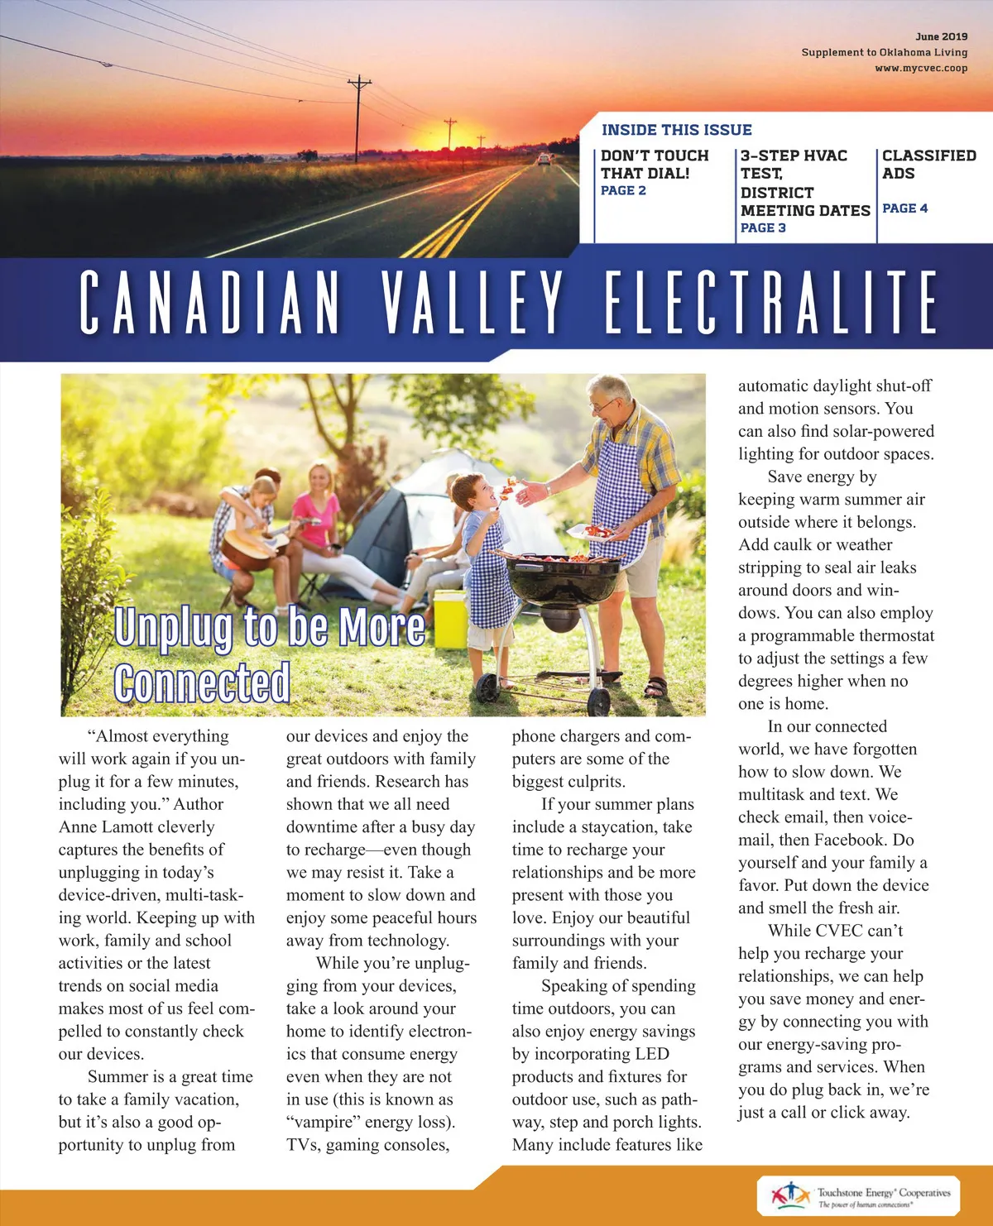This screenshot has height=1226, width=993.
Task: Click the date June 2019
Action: pos(941,36)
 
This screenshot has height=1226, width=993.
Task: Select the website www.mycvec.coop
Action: pos(920,68)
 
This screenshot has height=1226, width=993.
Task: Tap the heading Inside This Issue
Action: pos(676,130)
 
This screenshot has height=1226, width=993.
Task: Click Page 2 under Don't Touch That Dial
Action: pos(623,190)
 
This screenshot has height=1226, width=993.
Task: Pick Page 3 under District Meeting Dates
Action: pos(763,227)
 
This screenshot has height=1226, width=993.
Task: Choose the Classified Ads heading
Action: pos(928,164)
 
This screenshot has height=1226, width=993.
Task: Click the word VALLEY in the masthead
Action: pos(473,302)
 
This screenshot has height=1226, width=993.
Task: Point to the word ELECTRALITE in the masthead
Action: pos(771,302)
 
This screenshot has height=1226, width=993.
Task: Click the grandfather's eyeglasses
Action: pos(603,405)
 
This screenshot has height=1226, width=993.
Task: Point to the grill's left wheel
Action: pos(487,687)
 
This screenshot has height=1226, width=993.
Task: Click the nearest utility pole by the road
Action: pos(359,116)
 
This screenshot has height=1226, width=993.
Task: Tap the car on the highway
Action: pos(544,159)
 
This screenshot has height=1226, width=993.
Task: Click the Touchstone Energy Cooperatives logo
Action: pos(858,1196)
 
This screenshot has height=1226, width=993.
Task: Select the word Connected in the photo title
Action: pos(202,682)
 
